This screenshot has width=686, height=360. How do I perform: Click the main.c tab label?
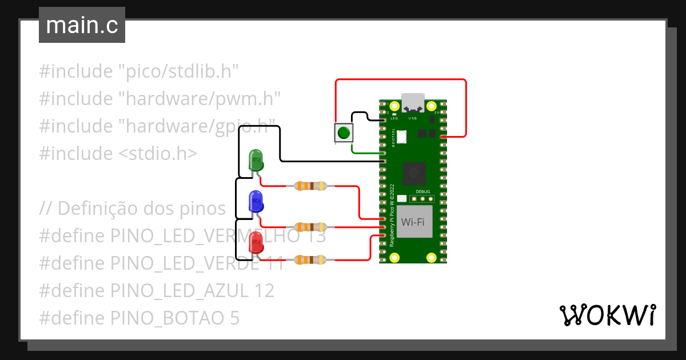82,26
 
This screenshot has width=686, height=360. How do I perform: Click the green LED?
256,159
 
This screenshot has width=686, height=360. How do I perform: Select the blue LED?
255,201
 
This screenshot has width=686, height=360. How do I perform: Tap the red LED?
255,242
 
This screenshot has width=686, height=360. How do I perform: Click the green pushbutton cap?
343,133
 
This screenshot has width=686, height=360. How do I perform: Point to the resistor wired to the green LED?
310,186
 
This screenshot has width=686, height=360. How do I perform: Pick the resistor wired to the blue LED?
310,227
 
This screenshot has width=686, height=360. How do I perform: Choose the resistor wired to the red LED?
310,260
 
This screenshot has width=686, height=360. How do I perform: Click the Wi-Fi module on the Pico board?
412,221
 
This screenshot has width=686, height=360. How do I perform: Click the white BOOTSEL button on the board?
401,136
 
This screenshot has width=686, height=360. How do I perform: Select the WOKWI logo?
607,315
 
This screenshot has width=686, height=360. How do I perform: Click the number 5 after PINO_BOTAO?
234,318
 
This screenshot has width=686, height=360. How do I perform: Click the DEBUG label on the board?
422,191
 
